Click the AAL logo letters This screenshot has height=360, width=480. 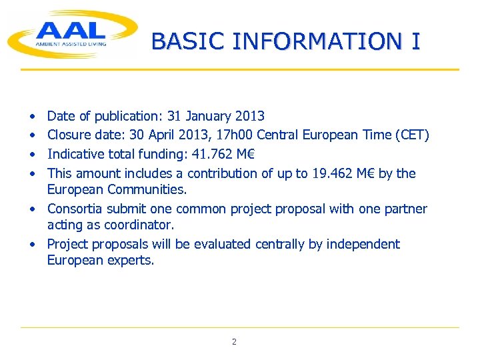[71, 30]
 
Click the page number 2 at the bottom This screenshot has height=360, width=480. [234, 342]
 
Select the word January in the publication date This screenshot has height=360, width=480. [211, 117]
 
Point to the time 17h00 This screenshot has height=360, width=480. [233, 135]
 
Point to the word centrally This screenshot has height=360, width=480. [279, 244]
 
